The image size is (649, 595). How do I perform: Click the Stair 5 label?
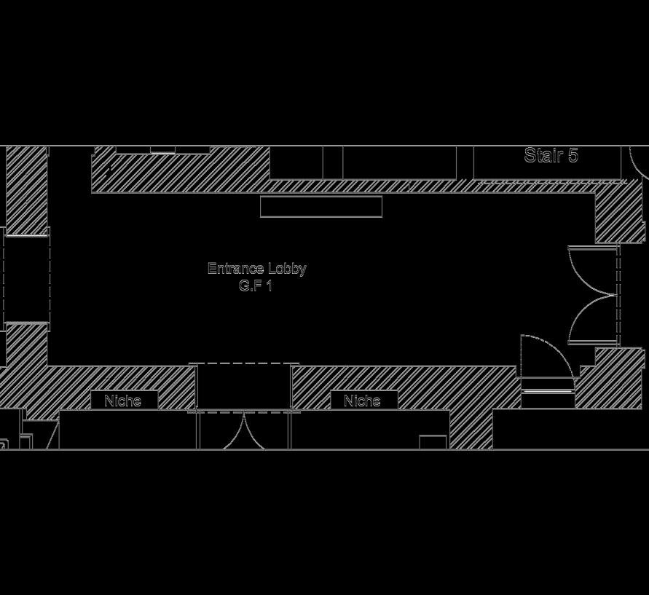[551, 155]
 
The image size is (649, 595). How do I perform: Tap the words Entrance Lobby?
[256, 268]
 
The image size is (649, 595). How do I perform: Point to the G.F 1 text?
[255, 285]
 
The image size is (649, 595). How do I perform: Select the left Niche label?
[122, 401]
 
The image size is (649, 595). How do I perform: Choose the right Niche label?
[362, 401]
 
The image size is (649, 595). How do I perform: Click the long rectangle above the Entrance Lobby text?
[321, 207]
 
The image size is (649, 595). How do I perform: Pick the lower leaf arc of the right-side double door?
[591, 320]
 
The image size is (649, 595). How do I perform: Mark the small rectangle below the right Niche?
[433, 442]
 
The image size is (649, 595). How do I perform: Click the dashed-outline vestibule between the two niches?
[244, 387]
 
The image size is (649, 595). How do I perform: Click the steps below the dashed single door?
[548, 393]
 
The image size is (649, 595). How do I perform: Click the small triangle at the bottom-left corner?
[52, 438]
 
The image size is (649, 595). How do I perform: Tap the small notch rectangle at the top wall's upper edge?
[163, 150]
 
